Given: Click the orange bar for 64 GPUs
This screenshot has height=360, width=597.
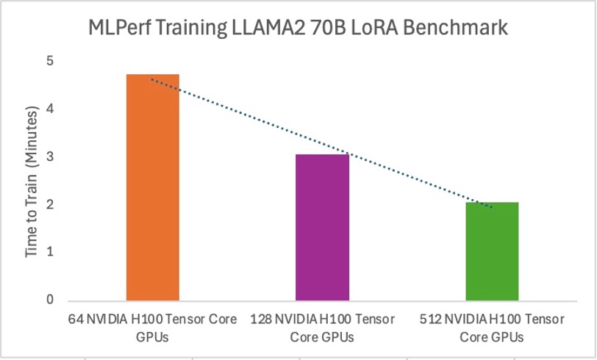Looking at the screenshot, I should [152, 187].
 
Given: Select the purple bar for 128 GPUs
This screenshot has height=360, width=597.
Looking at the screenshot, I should [322, 227].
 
